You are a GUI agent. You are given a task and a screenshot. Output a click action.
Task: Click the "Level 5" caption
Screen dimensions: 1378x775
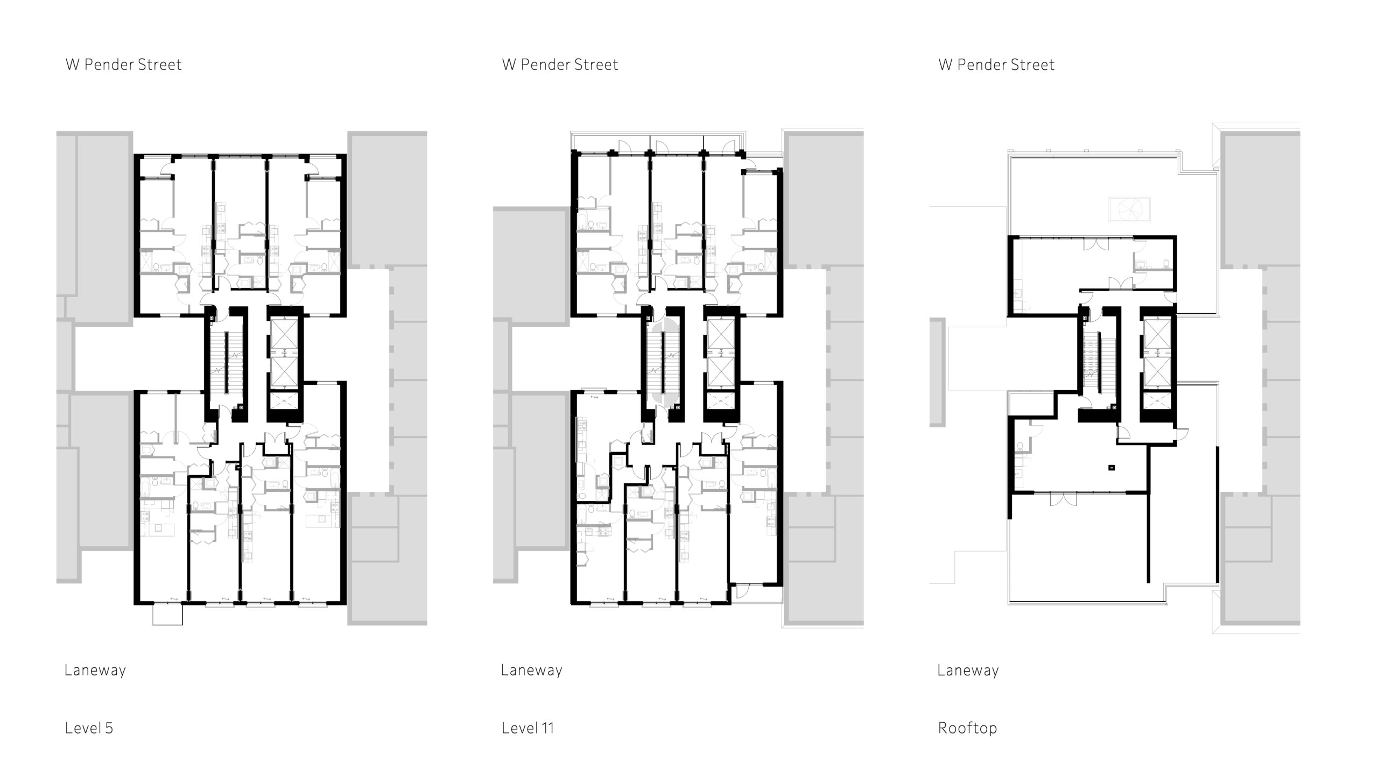(x=89, y=728)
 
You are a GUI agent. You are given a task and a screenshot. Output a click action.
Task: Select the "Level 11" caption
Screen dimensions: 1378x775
(x=528, y=728)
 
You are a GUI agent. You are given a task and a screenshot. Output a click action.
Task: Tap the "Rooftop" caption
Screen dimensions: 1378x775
(x=967, y=729)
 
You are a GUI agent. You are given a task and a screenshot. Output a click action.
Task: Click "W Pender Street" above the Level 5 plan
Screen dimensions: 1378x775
(x=124, y=65)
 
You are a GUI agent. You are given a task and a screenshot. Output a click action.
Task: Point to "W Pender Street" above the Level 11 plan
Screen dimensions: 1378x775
(x=560, y=65)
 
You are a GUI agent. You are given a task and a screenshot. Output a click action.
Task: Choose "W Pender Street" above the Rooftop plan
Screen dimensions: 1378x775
(x=996, y=65)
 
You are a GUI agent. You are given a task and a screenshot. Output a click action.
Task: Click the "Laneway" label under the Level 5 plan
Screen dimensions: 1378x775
(x=95, y=671)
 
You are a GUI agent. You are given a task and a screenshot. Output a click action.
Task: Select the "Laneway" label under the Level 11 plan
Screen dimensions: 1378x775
(x=532, y=671)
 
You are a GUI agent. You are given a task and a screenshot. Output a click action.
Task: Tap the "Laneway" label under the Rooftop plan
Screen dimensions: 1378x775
(x=968, y=671)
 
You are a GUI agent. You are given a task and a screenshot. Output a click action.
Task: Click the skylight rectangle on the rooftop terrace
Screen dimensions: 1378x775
(x=1129, y=209)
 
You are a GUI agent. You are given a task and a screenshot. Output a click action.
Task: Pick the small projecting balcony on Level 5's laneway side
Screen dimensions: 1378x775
(x=167, y=614)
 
